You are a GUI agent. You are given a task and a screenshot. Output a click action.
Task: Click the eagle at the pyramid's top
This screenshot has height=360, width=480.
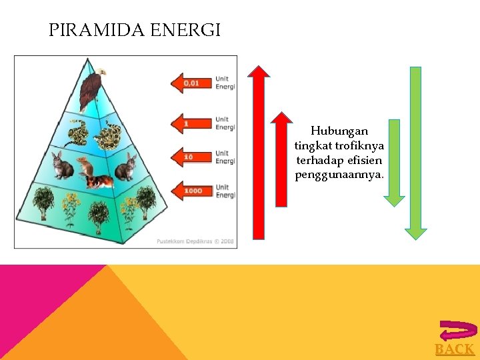coord(91,87)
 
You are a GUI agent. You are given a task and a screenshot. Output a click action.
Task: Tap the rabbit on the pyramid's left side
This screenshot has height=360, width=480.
coord(62,166)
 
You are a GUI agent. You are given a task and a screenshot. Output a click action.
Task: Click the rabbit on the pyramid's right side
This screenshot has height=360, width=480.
coord(125,167)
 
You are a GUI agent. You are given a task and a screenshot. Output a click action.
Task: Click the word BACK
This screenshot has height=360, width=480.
coord(455,349)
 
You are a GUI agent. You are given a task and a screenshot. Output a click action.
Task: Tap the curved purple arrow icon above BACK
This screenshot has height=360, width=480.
coord(458,331)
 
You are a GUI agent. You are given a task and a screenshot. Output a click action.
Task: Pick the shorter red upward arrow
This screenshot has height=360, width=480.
coord(284,173)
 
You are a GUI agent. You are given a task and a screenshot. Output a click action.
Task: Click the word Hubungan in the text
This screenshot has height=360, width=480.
coord(339,131)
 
